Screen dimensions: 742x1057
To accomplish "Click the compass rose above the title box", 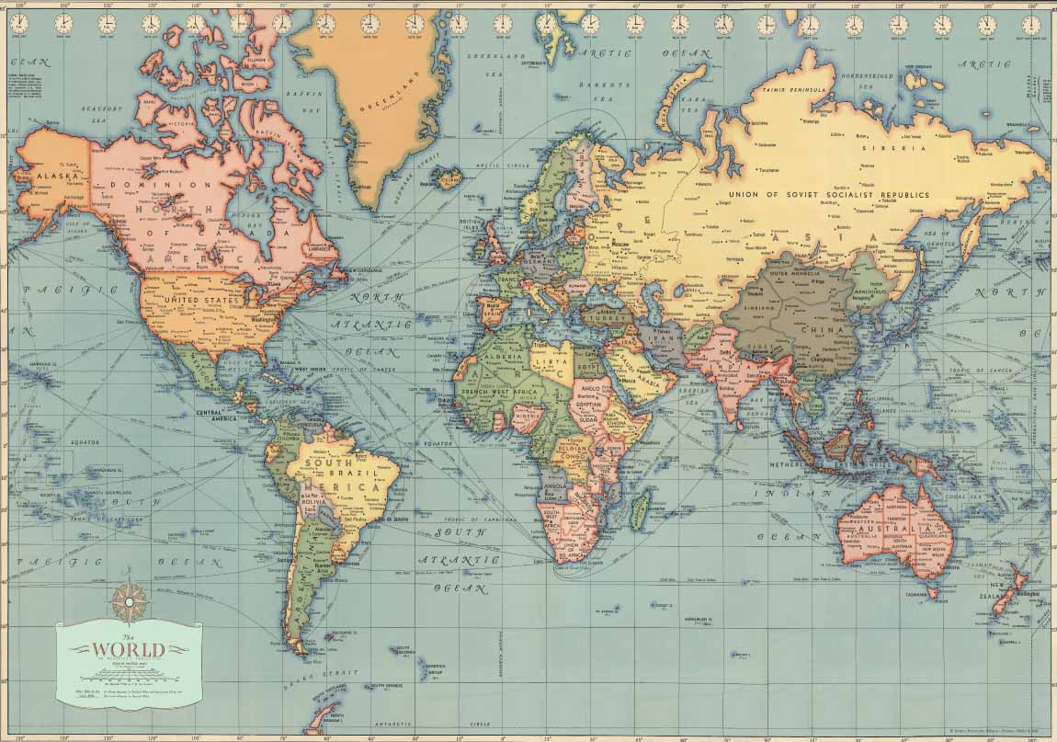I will pos(125,599).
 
